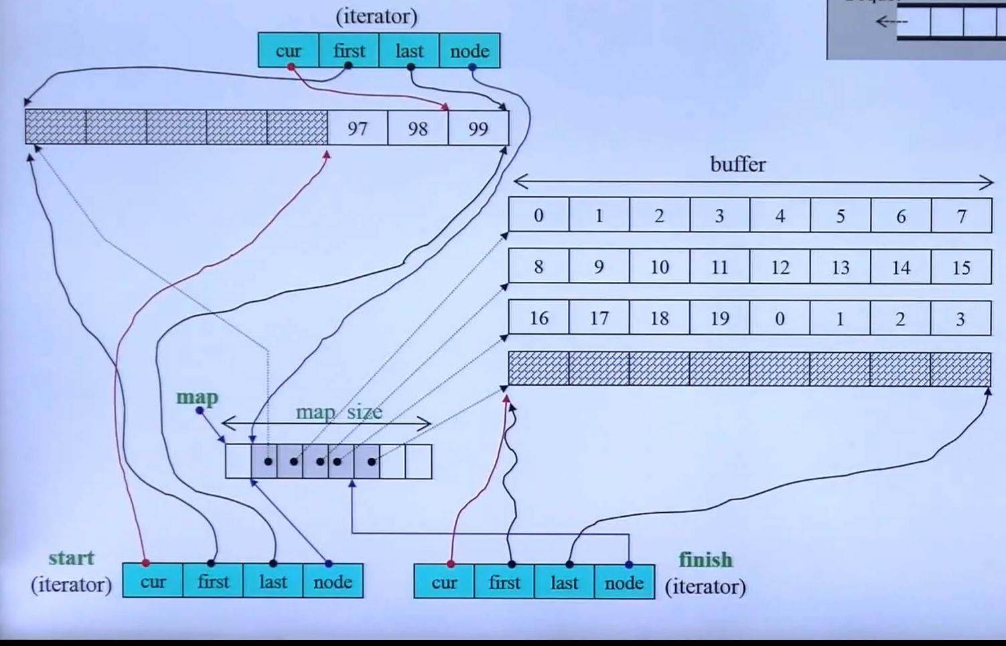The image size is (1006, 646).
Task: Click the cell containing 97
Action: (358, 128)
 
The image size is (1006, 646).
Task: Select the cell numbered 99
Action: (478, 128)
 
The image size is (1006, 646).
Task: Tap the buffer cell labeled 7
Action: (961, 216)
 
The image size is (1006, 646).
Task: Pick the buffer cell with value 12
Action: (780, 267)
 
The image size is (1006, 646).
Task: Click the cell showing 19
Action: (719, 318)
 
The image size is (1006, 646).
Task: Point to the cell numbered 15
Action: (961, 267)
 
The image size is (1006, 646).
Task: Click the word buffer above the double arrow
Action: (737, 165)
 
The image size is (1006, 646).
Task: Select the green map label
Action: (197, 397)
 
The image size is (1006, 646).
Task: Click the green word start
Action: (71, 558)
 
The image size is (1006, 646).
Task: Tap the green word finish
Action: (705, 559)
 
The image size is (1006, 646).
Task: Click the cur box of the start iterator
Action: (153, 581)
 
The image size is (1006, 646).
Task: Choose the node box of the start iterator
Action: (333, 581)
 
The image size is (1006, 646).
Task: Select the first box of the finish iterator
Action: (504, 582)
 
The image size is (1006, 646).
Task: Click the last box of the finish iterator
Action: (564, 582)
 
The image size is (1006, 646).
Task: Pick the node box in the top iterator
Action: (470, 51)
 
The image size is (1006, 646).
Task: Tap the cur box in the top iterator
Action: (288, 51)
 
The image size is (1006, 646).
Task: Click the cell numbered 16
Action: (538, 318)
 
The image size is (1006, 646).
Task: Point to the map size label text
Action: (339, 412)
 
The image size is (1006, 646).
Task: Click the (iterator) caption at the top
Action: (376, 16)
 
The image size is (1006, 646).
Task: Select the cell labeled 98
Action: (417, 128)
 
